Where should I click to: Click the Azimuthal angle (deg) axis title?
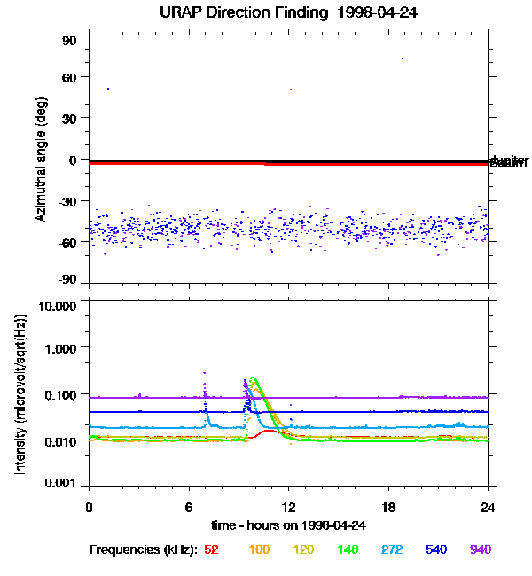41,160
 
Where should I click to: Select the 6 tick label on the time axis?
188,507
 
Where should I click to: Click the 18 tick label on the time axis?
387,507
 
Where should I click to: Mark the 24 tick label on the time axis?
488,507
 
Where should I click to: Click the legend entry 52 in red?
211,549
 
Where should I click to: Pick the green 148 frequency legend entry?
348,549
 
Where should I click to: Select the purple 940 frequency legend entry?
481,549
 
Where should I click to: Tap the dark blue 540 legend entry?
436,549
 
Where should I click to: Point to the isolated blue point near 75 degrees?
403,58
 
